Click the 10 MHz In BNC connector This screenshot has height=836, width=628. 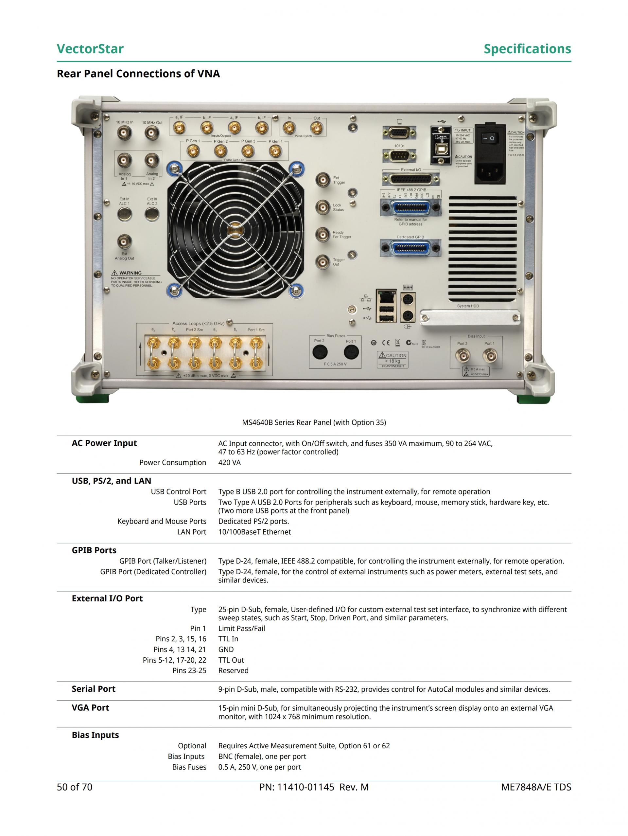click(124, 133)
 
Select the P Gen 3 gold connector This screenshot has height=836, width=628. click(248, 151)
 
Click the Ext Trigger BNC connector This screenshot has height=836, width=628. click(323, 180)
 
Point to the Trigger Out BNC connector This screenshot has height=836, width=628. click(323, 261)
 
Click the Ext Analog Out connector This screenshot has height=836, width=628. click(124, 241)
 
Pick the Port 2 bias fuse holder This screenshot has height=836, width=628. click(320, 352)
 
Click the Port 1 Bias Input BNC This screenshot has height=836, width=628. click(490, 355)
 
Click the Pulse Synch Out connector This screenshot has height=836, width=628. click(317, 129)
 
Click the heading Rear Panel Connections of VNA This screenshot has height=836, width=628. click(138, 73)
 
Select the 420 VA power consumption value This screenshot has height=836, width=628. click(229, 463)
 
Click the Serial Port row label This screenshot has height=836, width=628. click(93, 689)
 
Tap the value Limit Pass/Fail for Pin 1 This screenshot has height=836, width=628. click(241, 629)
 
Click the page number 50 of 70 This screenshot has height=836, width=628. click(75, 787)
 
